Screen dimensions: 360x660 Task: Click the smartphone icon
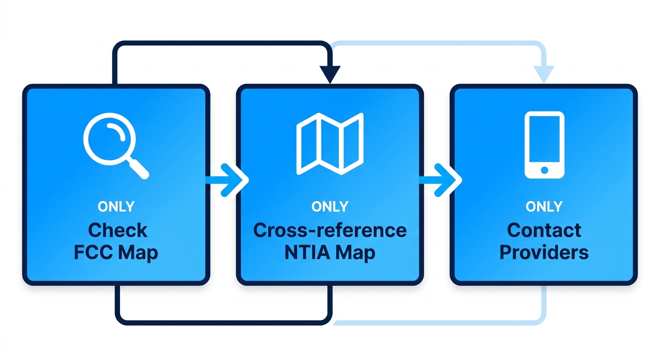(x=544, y=145)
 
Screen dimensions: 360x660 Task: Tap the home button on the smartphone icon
(x=544, y=169)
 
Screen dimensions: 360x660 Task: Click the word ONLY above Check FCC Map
(x=116, y=207)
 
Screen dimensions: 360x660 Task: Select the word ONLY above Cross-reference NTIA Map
(x=330, y=207)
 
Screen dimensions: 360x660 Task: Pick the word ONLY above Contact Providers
(x=544, y=207)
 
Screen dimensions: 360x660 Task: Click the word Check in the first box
(x=118, y=231)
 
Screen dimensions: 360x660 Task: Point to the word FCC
(x=93, y=253)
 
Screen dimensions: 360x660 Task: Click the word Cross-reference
(x=330, y=231)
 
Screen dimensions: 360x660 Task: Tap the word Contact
(x=544, y=231)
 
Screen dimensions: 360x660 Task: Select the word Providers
(x=544, y=253)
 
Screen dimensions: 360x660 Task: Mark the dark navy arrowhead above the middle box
(x=330, y=75)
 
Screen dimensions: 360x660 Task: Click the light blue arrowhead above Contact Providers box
(x=544, y=74)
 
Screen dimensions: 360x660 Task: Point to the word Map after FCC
(x=138, y=253)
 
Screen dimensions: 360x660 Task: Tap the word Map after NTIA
(x=355, y=253)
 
